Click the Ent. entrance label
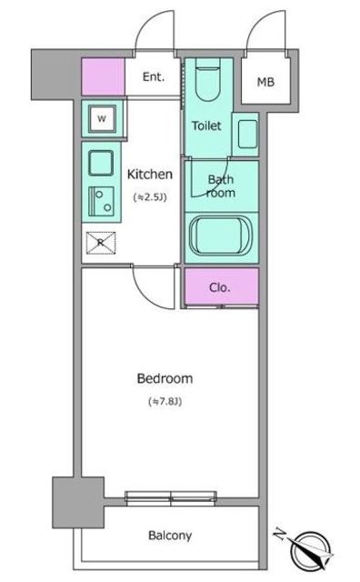154,76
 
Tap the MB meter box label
265,82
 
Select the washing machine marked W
102,119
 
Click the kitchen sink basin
101,163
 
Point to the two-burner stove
101,202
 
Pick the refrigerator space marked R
101,243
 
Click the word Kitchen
150,174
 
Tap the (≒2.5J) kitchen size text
150,197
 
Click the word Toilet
206,125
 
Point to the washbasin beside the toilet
247,134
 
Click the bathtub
221,236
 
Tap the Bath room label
221,186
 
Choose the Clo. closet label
220,287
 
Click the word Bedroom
165,378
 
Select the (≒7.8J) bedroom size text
165,401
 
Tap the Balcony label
170,536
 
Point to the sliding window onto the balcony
171,498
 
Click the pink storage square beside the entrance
103,76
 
